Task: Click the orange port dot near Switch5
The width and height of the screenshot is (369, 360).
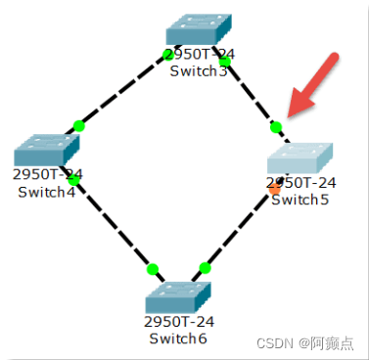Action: [x=275, y=188]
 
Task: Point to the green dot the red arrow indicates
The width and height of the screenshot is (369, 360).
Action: [x=276, y=126]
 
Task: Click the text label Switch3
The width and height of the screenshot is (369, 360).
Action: [x=198, y=70]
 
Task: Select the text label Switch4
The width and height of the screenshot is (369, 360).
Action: [x=46, y=191]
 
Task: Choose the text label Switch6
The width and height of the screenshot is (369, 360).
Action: [x=177, y=337]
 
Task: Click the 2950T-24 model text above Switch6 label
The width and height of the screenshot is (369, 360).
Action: [x=177, y=322]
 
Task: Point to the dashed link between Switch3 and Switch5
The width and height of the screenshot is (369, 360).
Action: [x=251, y=94]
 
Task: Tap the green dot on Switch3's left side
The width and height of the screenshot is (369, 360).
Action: [x=168, y=56]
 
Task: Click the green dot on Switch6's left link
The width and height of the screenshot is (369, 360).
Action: [x=152, y=268]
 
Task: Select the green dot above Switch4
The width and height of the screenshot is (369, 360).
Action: [x=79, y=126]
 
